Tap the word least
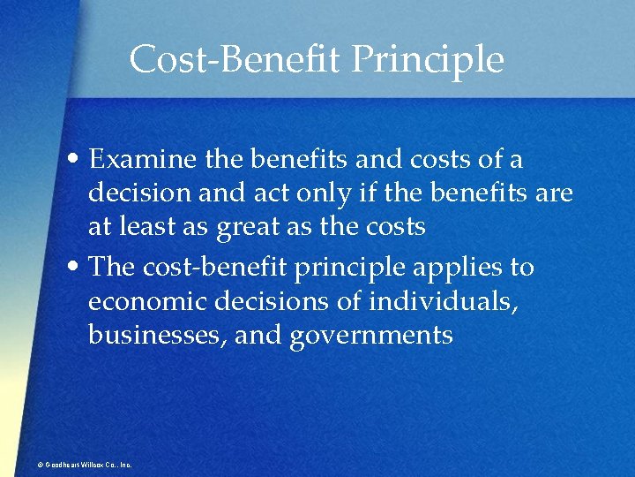pos(153,227)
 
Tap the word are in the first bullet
pos(555,193)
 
